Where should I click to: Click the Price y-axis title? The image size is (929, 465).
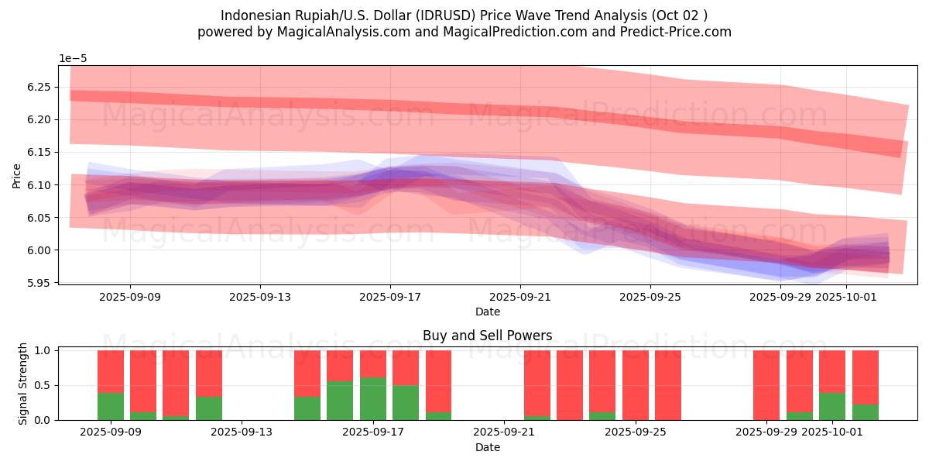click(16, 175)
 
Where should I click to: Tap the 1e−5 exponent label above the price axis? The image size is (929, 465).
click(74, 58)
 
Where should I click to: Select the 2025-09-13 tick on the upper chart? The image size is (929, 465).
click(259, 296)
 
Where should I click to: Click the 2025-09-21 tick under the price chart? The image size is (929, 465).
click(520, 296)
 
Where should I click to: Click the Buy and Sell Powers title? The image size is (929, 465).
click(487, 336)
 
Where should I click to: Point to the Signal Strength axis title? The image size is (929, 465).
click(23, 384)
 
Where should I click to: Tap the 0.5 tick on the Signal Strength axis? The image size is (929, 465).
click(43, 385)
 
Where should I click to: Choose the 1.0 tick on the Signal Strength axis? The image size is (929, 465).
click(43, 350)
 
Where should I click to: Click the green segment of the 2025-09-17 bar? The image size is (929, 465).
click(373, 399)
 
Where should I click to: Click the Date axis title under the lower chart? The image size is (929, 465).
click(487, 447)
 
